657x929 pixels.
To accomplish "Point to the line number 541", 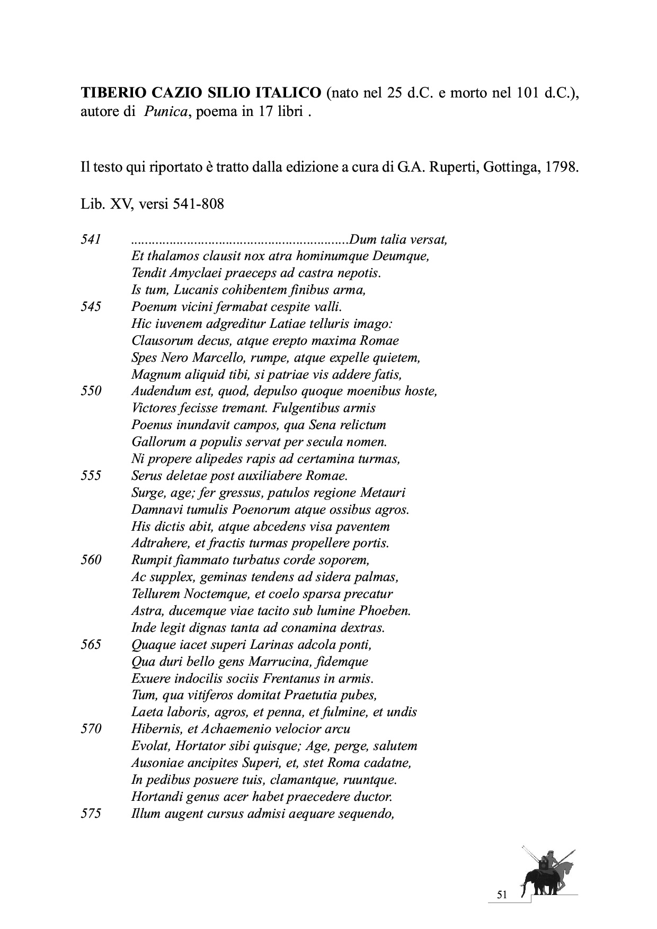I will tap(91, 239).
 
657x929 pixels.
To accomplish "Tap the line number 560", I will tap(91, 560).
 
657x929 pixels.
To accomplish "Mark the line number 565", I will tap(91, 645).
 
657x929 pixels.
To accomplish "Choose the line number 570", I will tap(91, 729).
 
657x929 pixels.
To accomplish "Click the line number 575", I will tap(91, 814).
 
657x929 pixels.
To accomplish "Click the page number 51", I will tap(502, 895).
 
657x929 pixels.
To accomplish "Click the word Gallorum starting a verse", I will tap(157, 442).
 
